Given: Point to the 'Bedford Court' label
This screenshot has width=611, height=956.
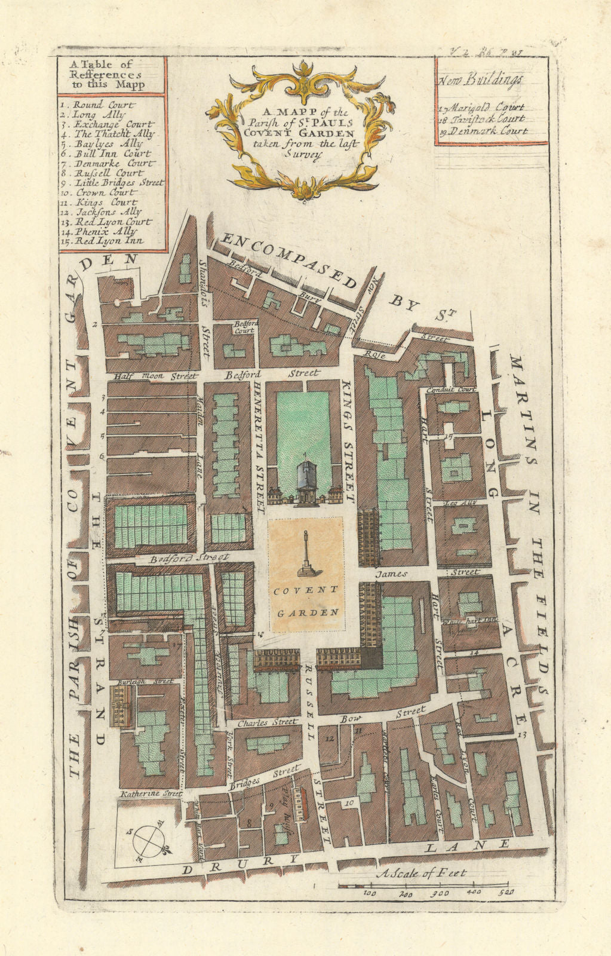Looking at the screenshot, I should pyautogui.click(x=244, y=326).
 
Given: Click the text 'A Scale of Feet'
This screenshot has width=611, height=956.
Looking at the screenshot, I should pyautogui.click(x=422, y=874).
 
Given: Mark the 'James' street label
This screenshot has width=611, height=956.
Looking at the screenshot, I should pyautogui.click(x=391, y=574).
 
